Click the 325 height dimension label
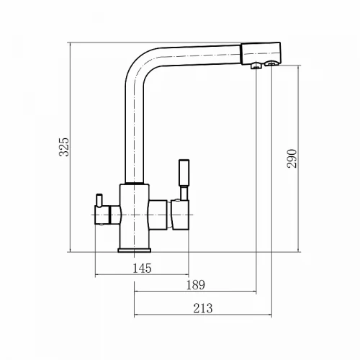64,147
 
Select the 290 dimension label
292,158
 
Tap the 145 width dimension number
142,269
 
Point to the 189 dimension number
196,285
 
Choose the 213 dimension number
203,308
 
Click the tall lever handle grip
184,173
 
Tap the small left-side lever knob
99,200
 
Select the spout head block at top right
261,53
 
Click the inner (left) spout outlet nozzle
256,66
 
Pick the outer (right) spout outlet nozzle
271,63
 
